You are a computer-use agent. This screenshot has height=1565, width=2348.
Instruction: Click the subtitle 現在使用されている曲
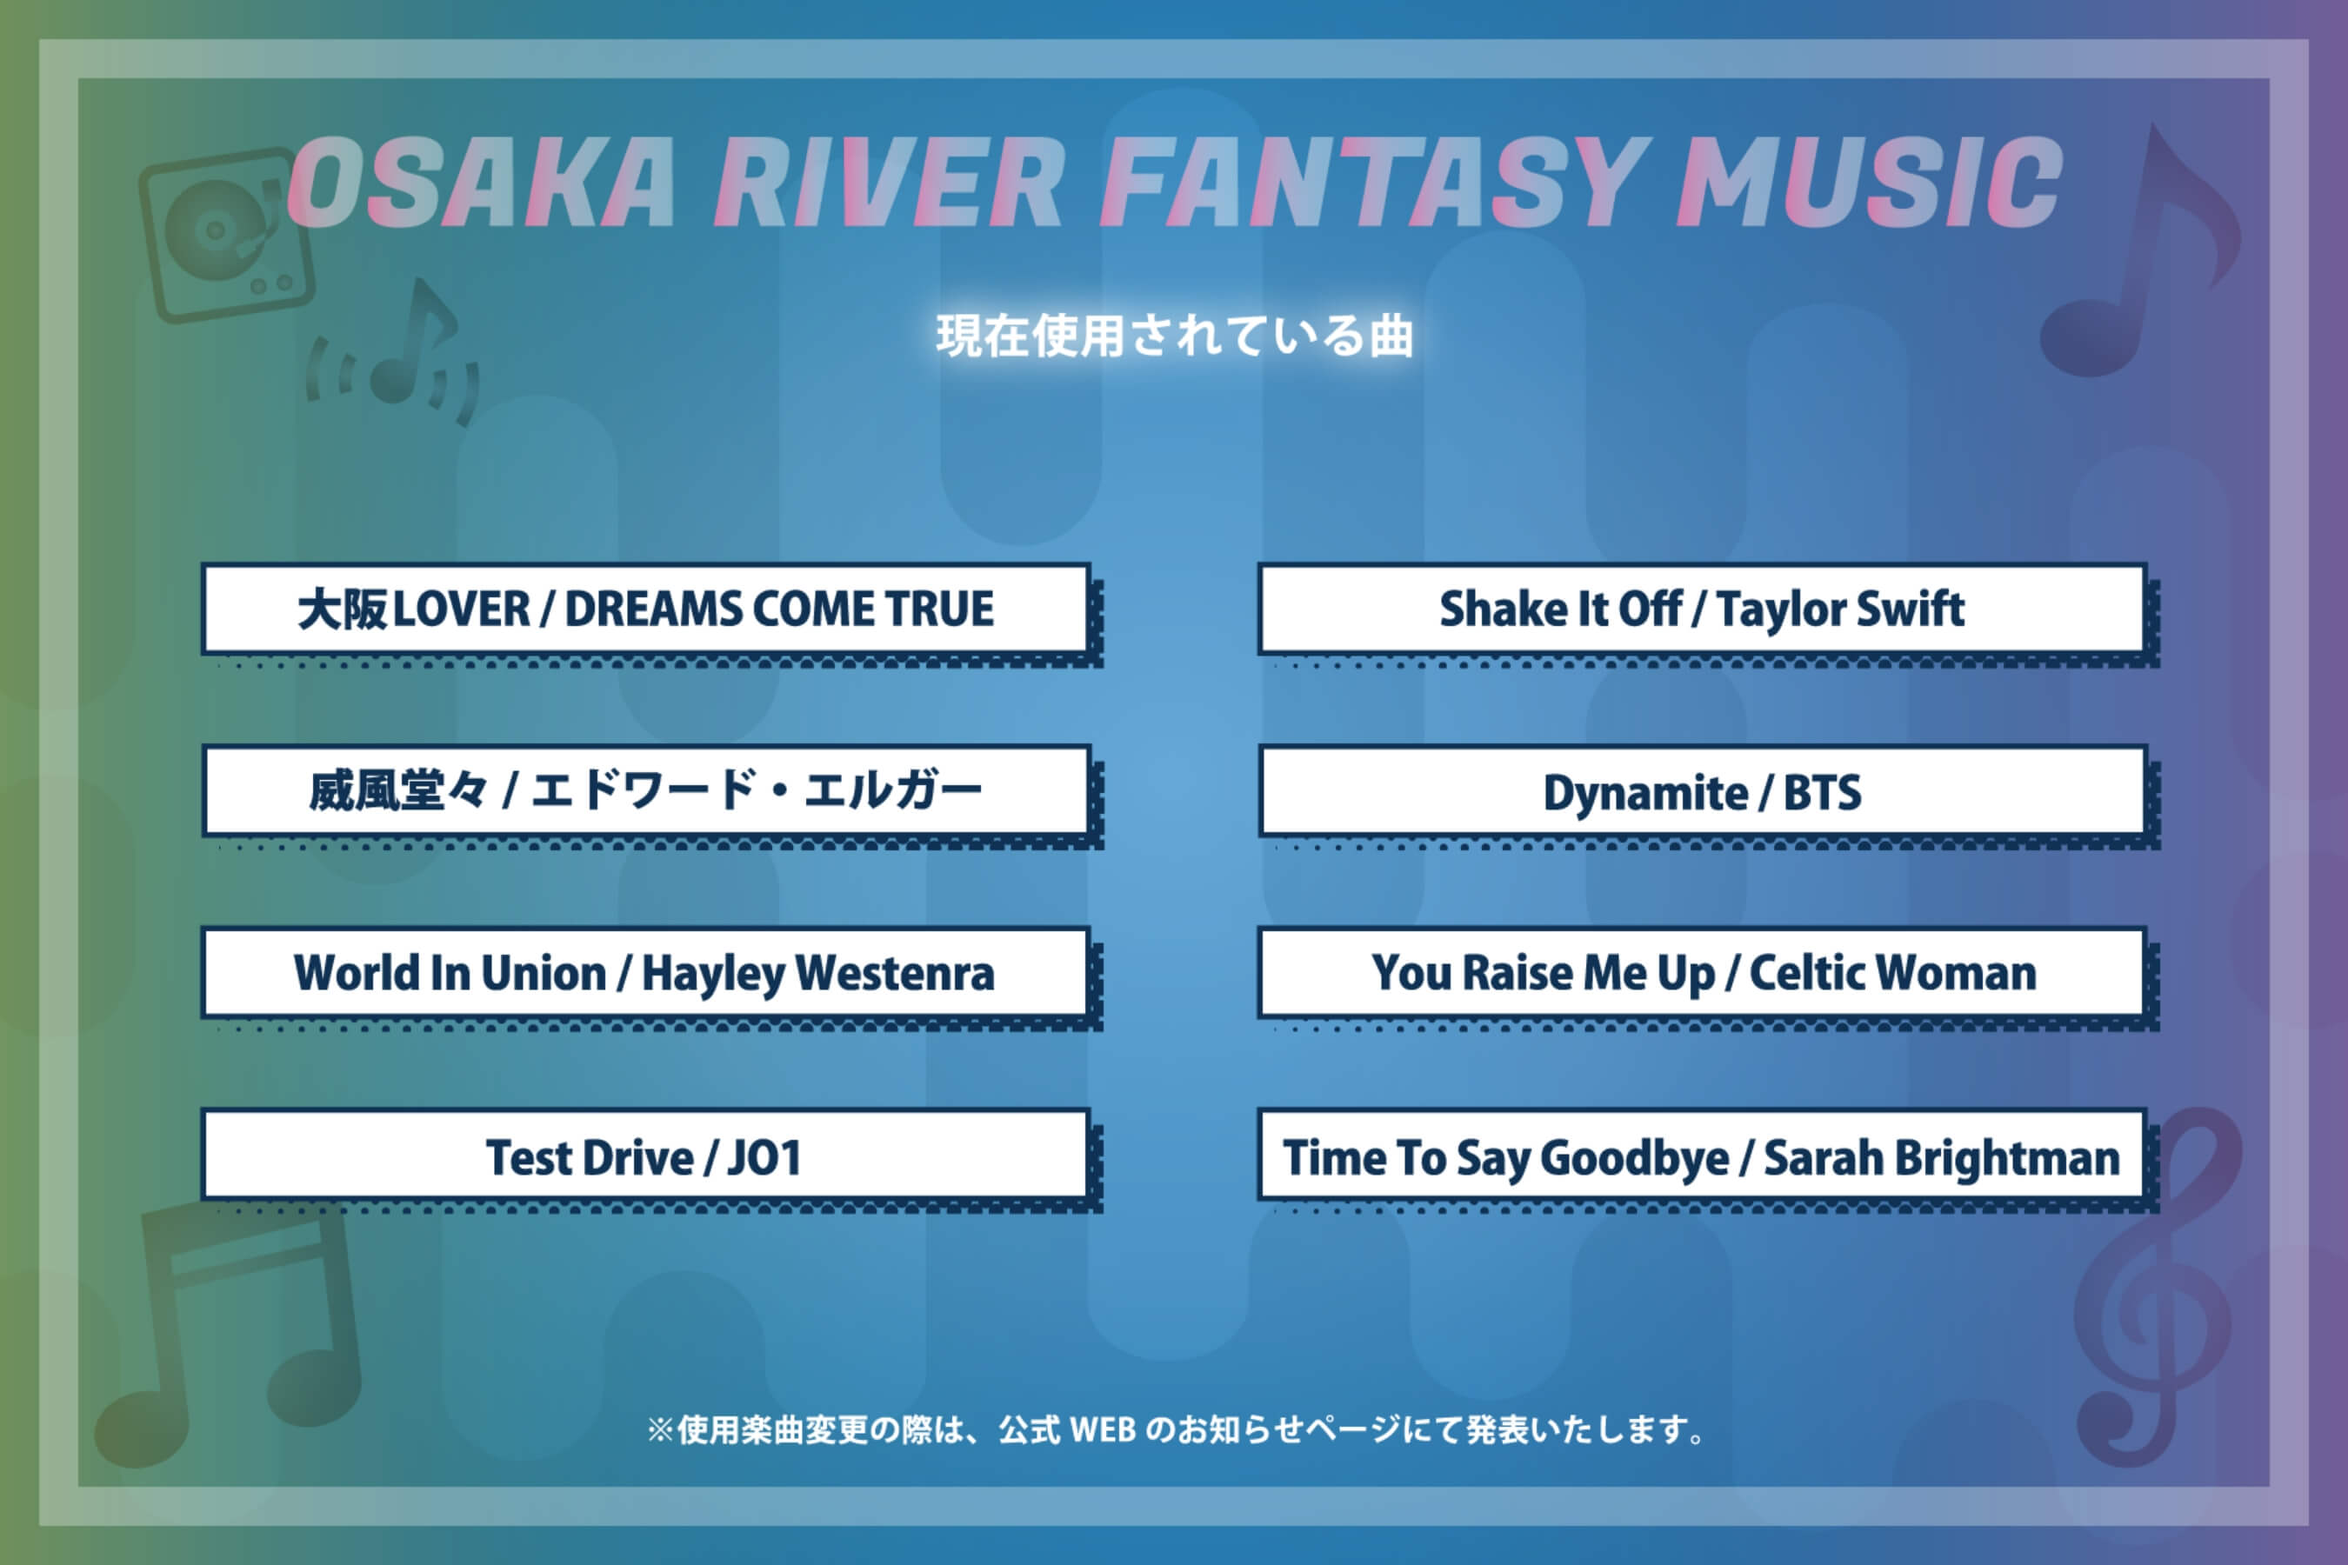click(x=1174, y=336)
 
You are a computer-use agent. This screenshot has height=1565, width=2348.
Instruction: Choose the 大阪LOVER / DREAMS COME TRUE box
click(x=646, y=609)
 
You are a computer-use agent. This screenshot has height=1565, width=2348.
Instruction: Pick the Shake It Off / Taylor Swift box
click(x=1701, y=609)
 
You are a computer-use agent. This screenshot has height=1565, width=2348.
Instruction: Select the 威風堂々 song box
click(x=646, y=790)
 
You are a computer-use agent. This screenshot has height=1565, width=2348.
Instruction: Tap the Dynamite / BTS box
click(x=1701, y=790)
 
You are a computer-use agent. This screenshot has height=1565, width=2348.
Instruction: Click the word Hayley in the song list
click(x=713, y=974)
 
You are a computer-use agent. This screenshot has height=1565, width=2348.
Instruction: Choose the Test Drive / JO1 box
click(x=646, y=1155)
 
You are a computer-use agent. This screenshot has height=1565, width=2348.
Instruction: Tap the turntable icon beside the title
click(x=225, y=236)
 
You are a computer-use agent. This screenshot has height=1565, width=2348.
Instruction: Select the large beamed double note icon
click(x=235, y=1328)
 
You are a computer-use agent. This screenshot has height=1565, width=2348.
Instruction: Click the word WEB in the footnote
click(x=1102, y=1430)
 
